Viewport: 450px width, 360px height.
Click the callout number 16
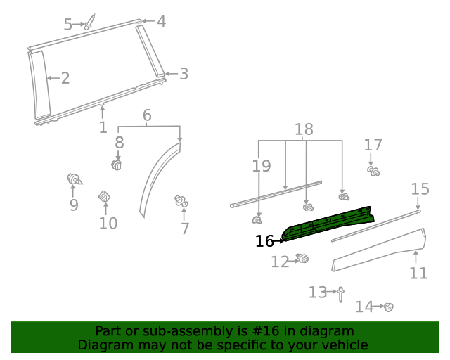point(264,241)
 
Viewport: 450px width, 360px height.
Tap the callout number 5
point(68,25)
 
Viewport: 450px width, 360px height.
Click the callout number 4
point(161,21)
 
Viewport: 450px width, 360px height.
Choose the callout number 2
point(65,78)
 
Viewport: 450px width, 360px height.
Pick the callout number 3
point(184,74)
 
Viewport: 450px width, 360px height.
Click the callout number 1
point(103,127)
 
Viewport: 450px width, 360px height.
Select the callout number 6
point(147,115)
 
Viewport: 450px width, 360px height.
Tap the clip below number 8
point(117,165)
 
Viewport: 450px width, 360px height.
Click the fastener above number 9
point(73,179)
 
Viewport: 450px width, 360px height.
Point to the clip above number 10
point(104,196)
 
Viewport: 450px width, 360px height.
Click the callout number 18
point(304,129)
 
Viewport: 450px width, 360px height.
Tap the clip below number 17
point(374,170)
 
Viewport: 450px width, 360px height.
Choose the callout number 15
point(420,188)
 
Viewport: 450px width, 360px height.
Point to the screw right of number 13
point(341,292)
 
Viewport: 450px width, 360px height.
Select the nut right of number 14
point(387,307)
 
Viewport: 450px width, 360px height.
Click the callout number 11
point(418,273)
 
